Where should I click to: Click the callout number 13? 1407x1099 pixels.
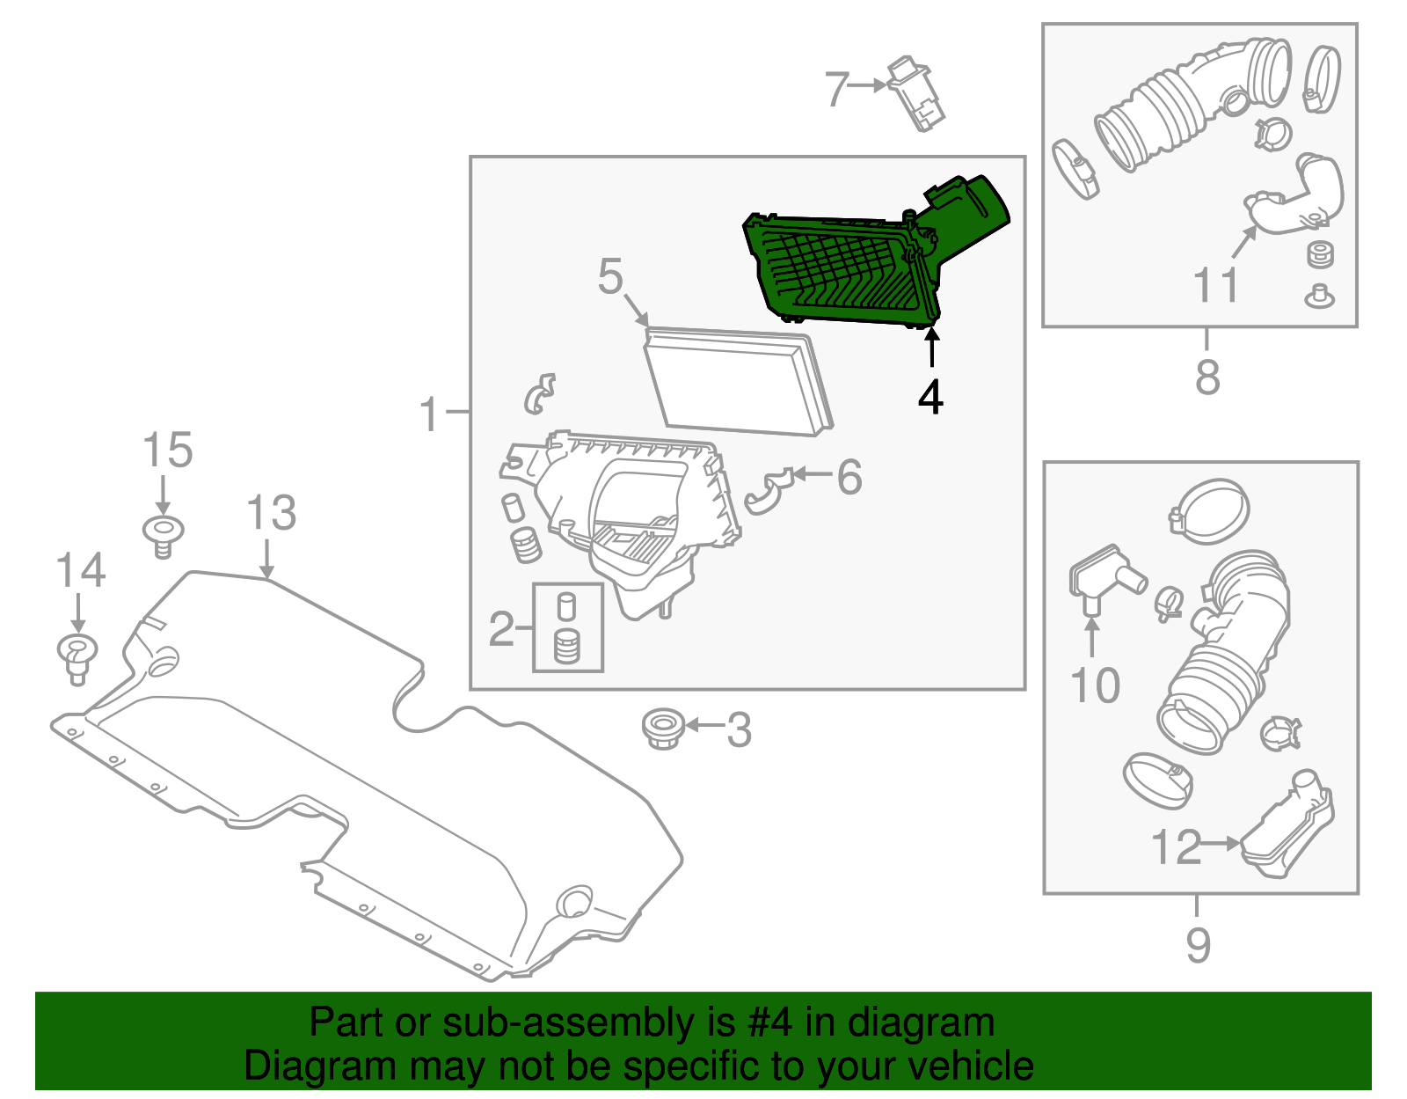pos(271,513)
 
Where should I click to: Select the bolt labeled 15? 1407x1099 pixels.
pos(164,535)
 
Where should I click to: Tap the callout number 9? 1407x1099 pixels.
pos(1198,945)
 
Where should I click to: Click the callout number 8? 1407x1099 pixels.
pos(1207,377)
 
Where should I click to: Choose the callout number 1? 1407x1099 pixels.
pos(428,414)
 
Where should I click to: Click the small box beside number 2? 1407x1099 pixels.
pos(568,627)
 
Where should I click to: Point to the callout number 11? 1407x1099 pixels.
pos(1215,285)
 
